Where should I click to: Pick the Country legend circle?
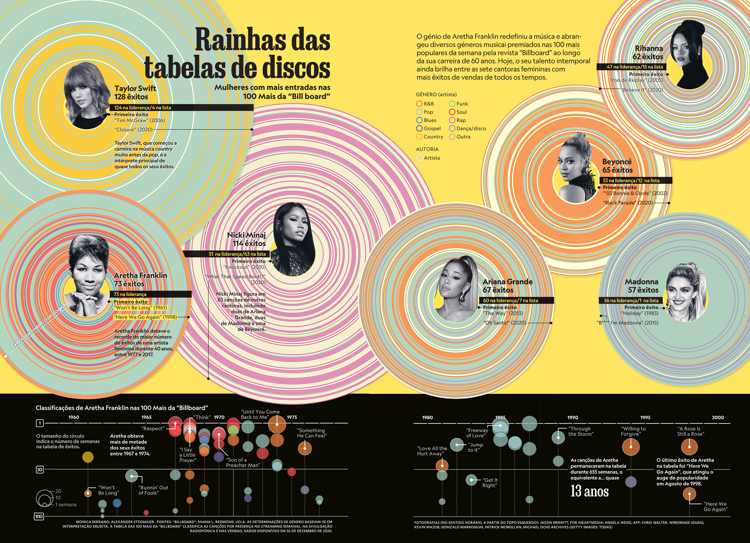[420, 137]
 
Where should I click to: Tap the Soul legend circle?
[452, 112]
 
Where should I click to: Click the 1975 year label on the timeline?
[292, 417]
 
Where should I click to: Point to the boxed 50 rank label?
[39, 469]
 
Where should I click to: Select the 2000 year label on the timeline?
[718, 417]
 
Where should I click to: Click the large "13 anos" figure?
[589, 492]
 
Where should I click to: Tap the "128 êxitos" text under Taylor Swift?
[131, 97]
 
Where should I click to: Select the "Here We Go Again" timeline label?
[715, 507]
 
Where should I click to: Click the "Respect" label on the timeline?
[153, 428]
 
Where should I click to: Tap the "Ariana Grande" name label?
[507, 282]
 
